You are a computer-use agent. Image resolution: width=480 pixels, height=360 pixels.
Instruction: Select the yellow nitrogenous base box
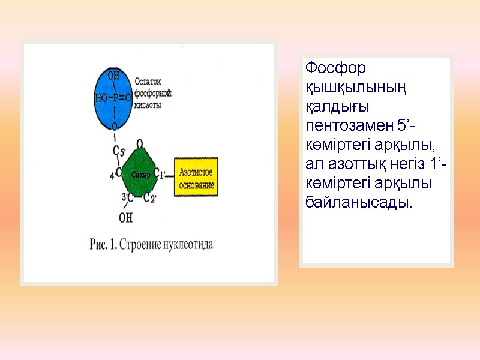pyautogui.click(x=196, y=177)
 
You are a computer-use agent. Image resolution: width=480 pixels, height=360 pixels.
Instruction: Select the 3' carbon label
pyautogui.click(x=125, y=197)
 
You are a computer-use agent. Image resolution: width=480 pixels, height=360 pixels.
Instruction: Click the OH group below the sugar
pyautogui.click(x=126, y=216)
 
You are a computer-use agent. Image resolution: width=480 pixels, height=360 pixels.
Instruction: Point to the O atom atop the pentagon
pyautogui.click(x=139, y=144)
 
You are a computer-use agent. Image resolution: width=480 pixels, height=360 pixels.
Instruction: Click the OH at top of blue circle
pyautogui.click(x=113, y=76)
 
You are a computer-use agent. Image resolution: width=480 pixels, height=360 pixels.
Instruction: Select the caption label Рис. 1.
pyautogui.click(x=103, y=244)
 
